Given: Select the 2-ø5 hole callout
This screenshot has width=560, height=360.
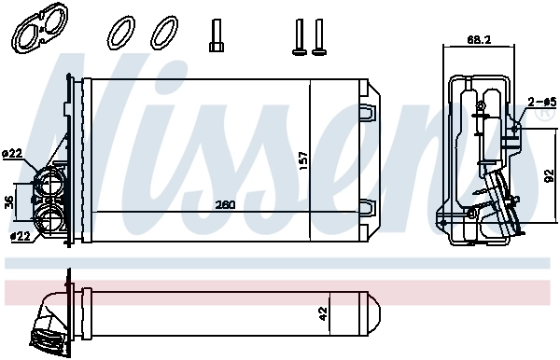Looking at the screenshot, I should click(541, 101).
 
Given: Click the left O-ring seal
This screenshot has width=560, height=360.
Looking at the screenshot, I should click(123, 34).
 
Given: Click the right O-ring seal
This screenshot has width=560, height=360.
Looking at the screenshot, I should click(165, 34).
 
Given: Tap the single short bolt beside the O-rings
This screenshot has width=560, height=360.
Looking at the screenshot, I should click(216, 36).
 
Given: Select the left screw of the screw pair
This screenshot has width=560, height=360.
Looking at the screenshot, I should click(301, 35).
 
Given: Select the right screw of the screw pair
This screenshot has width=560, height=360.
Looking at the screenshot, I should click(319, 35).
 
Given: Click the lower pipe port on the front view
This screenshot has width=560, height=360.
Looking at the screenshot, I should click(49, 221).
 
